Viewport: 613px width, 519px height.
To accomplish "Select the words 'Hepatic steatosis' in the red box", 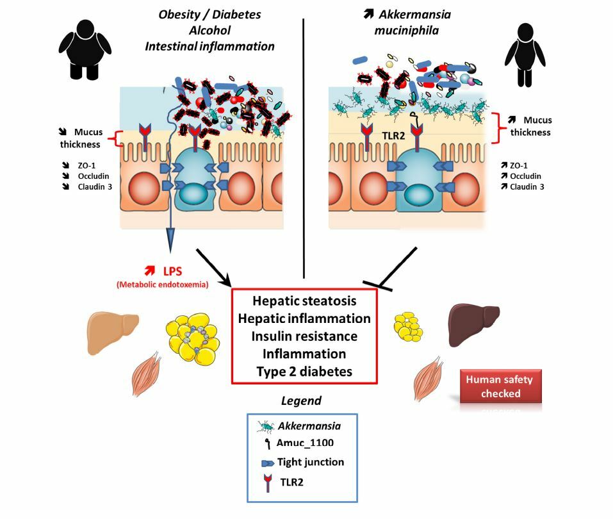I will tap(304, 301).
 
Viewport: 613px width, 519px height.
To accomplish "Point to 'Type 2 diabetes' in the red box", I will tap(304, 371).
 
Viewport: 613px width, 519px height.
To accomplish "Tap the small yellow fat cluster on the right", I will tap(408, 326).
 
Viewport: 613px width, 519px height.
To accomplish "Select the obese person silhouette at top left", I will tap(84, 49).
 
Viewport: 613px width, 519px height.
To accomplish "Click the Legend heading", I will tap(301, 401).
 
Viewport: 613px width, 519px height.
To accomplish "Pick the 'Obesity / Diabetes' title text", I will tap(209, 13).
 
